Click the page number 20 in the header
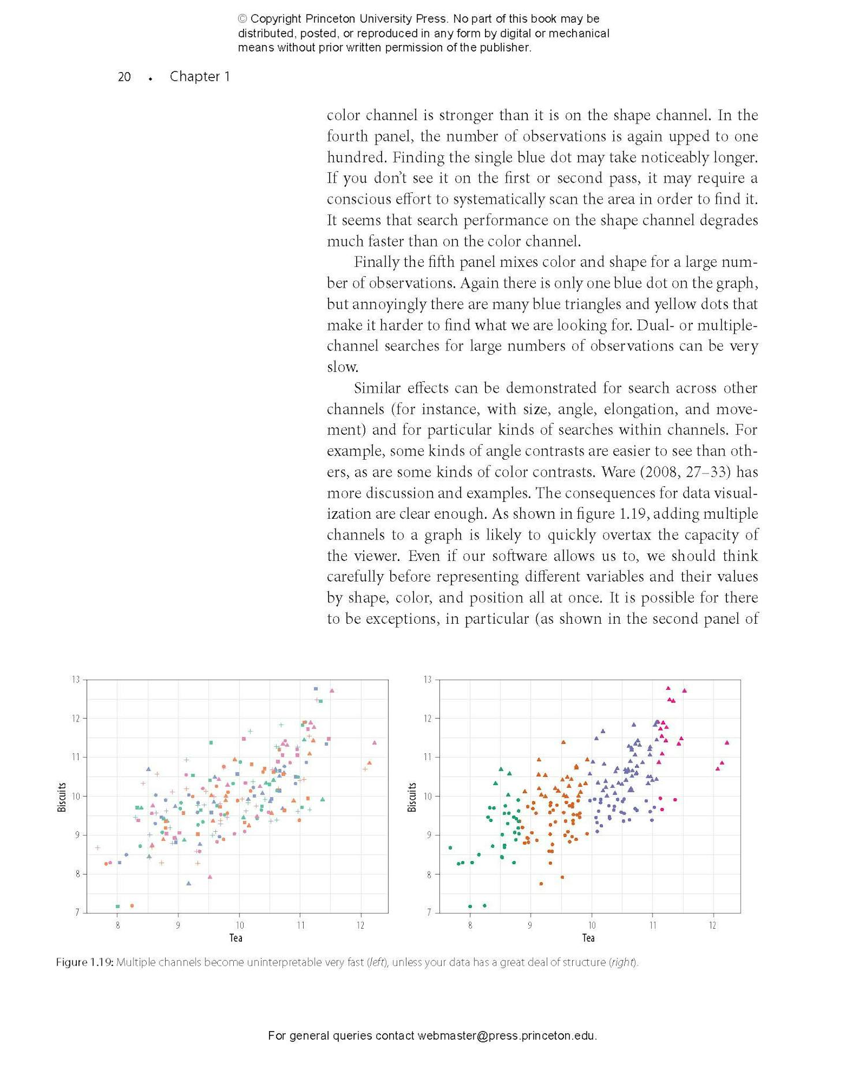point(124,77)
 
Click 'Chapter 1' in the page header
point(200,77)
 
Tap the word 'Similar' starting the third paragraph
point(377,388)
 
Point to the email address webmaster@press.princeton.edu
point(506,1036)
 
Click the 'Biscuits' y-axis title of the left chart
point(62,797)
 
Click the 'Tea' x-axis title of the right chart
point(588,937)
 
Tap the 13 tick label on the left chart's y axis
point(76,679)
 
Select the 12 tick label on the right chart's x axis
point(712,925)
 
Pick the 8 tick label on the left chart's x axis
point(117,925)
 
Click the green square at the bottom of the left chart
point(118,906)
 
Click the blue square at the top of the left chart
point(316,688)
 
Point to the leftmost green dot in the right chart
point(450,847)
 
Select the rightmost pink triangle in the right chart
point(727,742)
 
